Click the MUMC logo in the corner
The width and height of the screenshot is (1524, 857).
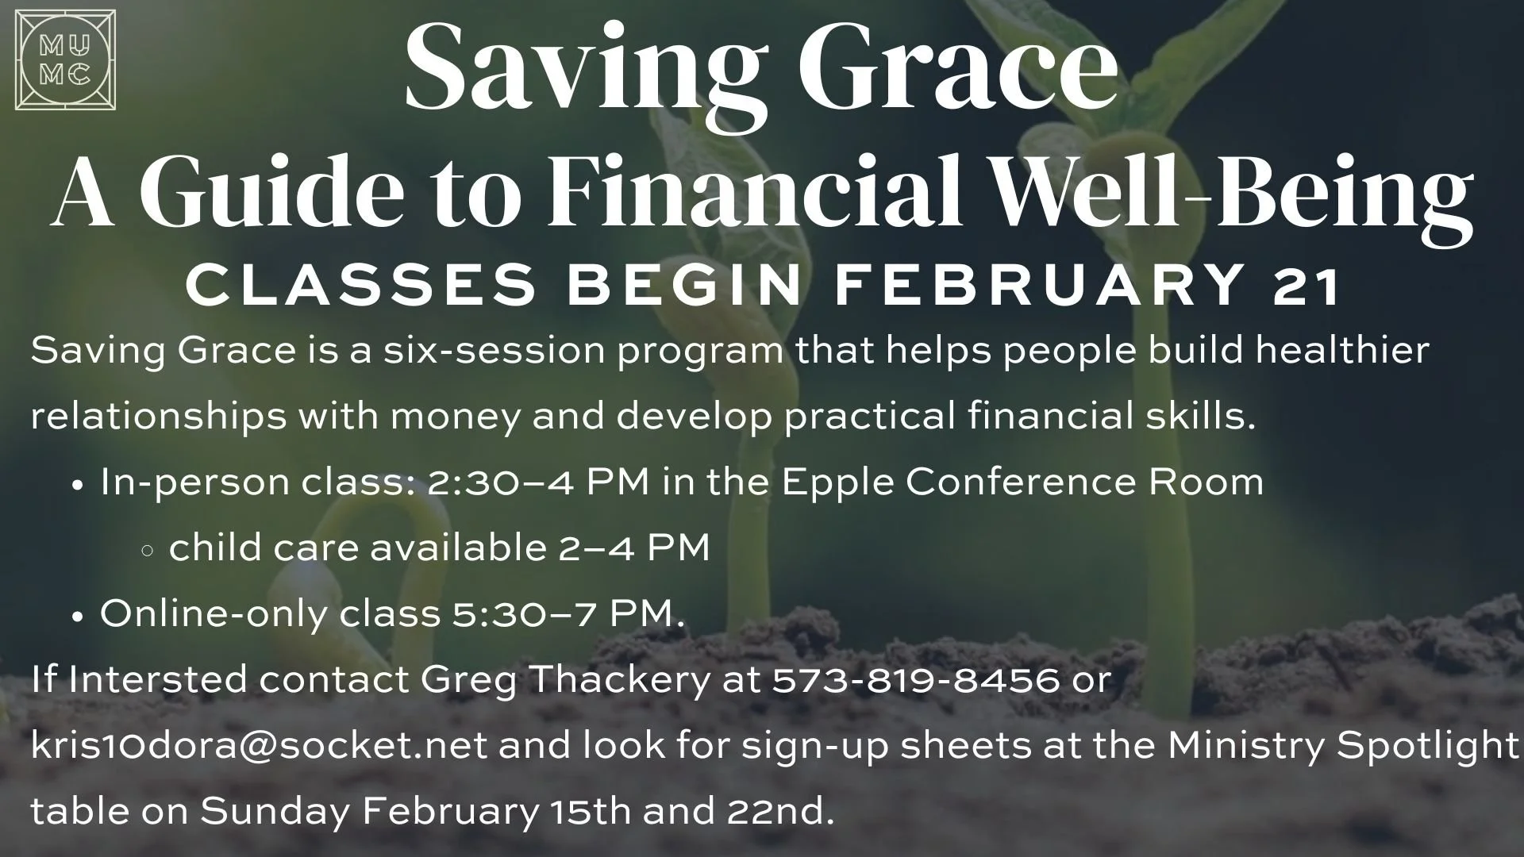[x=65, y=60]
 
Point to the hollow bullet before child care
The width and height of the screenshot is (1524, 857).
[x=147, y=550]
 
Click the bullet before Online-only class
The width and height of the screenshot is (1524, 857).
[x=78, y=616]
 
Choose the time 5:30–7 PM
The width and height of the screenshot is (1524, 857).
[x=568, y=614]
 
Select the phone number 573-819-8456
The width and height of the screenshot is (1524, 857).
[x=917, y=680]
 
